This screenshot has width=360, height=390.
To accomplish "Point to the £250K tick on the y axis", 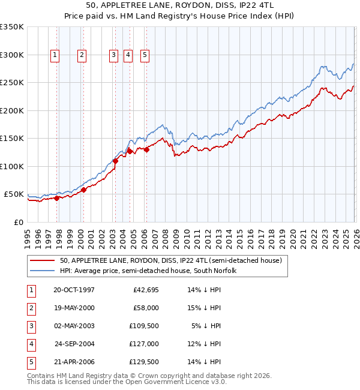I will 12,83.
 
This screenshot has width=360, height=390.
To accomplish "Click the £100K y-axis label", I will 12,166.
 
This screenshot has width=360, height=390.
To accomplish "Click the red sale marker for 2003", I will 115,161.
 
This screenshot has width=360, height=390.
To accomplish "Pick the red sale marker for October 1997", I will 57,198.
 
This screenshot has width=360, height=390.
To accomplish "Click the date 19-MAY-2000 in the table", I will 74,307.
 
